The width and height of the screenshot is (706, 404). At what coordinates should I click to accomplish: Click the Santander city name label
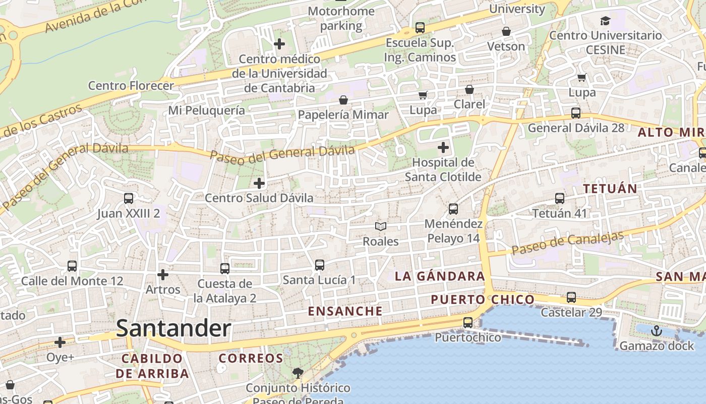tap(173, 329)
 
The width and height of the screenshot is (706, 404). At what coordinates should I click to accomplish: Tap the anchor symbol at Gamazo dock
tap(656, 331)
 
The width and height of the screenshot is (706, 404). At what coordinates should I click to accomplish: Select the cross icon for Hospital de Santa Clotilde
tap(443, 147)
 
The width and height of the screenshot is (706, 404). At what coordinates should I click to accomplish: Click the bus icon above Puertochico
tap(468, 322)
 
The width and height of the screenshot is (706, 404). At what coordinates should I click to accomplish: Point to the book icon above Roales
tap(381, 227)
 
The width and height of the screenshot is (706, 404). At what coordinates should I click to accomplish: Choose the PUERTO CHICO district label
tap(483, 299)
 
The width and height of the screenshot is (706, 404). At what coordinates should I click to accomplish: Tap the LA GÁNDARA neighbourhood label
tap(440, 276)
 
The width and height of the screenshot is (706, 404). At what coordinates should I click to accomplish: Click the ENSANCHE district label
tap(345, 311)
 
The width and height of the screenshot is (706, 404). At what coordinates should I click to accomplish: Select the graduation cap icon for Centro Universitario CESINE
tap(605, 21)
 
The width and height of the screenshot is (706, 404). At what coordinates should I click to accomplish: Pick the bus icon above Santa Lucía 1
tap(319, 265)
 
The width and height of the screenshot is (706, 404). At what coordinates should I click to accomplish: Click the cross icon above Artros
tap(162, 275)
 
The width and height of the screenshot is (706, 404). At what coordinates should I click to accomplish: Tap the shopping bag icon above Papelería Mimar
tap(343, 100)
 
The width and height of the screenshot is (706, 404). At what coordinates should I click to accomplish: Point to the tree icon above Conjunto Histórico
tap(298, 373)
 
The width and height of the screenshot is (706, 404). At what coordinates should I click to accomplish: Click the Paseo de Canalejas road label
tap(568, 243)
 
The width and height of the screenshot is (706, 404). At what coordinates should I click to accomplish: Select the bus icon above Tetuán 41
tap(560, 198)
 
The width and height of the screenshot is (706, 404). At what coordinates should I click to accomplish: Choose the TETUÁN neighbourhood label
tap(610, 189)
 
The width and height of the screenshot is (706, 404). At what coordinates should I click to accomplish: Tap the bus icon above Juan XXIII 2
tap(129, 198)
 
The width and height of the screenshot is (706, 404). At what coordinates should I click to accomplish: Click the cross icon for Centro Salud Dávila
tap(259, 183)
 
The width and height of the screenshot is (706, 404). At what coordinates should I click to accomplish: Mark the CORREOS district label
tap(251, 359)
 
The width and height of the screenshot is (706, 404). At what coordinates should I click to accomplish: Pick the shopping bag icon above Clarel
tap(469, 89)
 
